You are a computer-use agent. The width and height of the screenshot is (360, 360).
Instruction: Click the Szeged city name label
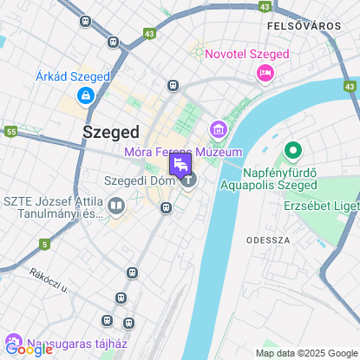[x=110, y=132]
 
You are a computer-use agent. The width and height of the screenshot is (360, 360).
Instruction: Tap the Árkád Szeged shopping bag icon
[x=85, y=95]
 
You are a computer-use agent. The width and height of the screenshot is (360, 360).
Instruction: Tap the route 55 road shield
[x=10, y=131]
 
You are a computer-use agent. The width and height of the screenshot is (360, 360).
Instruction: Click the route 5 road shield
[x=43, y=244]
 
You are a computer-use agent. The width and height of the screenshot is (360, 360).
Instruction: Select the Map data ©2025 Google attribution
[x=305, y=352]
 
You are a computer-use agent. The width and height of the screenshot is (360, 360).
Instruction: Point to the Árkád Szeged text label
[x=73, y=76]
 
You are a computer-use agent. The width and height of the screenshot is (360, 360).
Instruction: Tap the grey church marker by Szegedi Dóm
[x=188, y=180]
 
